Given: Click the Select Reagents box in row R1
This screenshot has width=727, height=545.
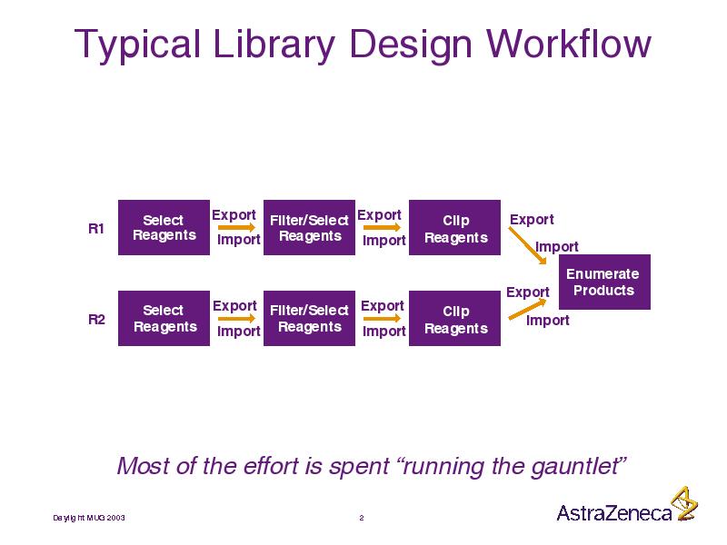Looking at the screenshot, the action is (164, 228).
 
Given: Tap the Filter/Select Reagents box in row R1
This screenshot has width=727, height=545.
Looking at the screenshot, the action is (309, 228).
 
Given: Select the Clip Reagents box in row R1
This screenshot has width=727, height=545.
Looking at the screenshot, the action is (455, 228).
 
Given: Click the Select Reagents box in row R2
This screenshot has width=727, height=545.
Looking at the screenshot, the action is (164, 319).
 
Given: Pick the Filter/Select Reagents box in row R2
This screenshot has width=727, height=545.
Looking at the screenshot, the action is (309, 319).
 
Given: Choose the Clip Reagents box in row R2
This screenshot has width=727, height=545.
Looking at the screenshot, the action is (455, 319).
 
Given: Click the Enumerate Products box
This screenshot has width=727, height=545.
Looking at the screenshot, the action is (604, 282).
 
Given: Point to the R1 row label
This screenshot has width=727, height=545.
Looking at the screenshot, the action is (96, 229).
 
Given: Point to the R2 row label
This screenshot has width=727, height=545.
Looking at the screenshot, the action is (96, 320).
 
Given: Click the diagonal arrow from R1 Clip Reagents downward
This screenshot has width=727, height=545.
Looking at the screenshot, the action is (528, 245).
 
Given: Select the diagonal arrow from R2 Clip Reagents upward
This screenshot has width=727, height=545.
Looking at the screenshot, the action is (528, 310).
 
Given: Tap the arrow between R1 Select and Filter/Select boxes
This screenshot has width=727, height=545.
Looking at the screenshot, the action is (236, 227).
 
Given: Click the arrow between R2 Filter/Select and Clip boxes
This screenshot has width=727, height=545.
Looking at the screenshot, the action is (382, 319).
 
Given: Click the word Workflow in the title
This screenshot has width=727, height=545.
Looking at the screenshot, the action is (569, 44).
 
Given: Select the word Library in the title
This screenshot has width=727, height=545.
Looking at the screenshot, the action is (274, 45).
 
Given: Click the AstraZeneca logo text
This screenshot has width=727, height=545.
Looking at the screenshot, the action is (614, 513).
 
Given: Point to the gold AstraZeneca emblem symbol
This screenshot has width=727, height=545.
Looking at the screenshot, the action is (685, 504).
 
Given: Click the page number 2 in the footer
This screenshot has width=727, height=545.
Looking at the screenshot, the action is (362, 518).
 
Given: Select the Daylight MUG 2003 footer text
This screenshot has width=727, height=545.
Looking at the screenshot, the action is (88, 518).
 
